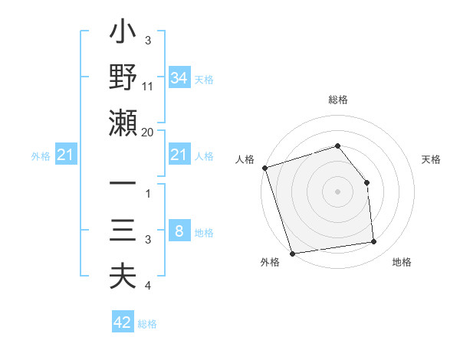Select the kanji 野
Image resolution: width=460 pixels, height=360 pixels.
(x=123, y=78)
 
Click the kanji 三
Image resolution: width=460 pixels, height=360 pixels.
(x=123, y=231)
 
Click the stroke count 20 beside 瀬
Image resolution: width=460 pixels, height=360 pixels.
(x=148, y=132)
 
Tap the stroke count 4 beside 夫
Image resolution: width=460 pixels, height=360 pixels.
(x=148, y=286)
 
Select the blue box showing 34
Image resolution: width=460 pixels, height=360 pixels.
(x=179, y=77)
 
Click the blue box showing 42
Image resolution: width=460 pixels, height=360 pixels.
(x=123, y=322)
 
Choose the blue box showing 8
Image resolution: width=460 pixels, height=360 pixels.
(x=179, y=231)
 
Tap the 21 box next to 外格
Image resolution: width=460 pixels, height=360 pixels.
(x=66, y=155)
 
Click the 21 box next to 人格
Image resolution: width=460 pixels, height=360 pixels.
(x=179, y=155)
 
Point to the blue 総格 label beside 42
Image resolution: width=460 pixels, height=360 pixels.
(x=147, y=324)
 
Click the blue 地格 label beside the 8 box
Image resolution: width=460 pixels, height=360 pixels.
(x=204, y=233)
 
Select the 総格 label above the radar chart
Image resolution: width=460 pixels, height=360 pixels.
(x=338, y=100)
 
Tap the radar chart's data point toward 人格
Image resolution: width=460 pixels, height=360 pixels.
(x=264, y=168)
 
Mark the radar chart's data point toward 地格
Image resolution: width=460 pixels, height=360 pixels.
(x=374, y=242)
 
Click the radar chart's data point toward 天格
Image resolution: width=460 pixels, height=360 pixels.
(x=366, y=182)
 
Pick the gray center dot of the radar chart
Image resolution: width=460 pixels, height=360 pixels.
(x=337, y=191)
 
